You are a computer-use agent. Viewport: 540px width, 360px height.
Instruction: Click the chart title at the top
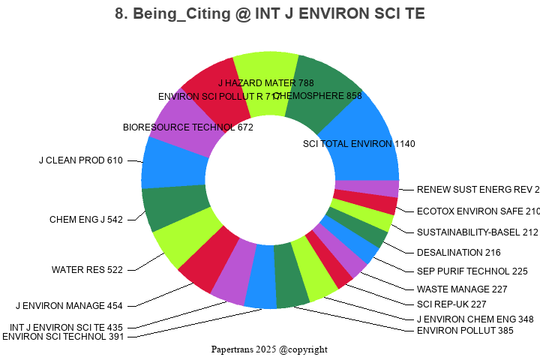coord(270,14)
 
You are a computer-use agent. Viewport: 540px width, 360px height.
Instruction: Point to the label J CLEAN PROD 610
coord(80,160)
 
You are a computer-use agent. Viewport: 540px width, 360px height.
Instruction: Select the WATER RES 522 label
coord(87,270)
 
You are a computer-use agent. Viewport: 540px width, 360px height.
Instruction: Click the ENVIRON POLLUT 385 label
coord(454,330)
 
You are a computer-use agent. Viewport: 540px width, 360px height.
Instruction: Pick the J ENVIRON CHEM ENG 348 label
coord(475,319)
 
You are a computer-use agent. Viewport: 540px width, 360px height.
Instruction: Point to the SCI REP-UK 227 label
coord(451,304)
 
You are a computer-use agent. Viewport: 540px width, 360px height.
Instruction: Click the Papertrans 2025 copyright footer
coord(269,349)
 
